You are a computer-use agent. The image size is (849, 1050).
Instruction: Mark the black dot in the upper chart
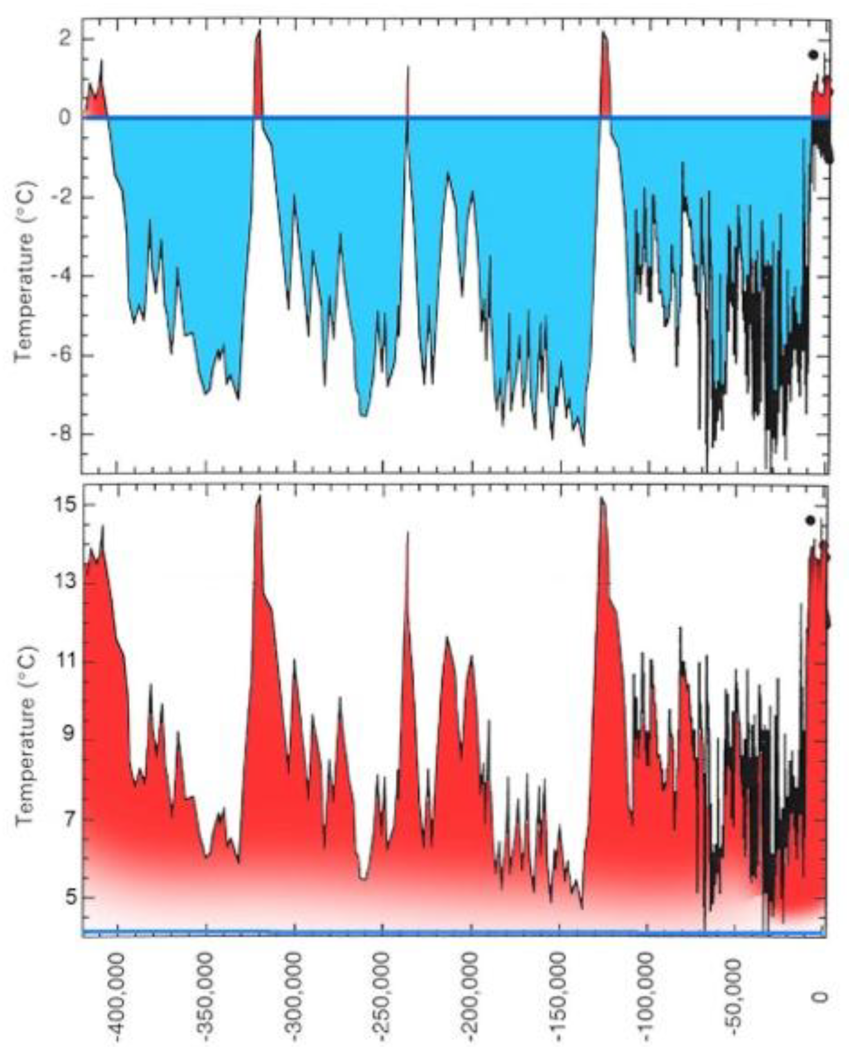813,55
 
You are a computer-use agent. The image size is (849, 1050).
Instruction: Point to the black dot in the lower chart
810,520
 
